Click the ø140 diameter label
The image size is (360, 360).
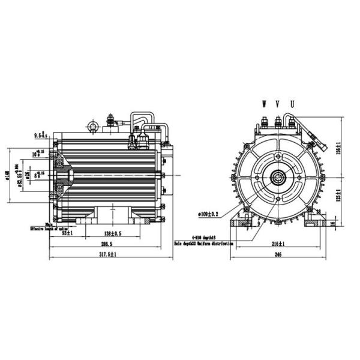click(x=7, y=175)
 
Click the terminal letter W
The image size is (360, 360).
click(x=264, y=104)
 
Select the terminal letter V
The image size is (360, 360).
click(x=278, y=104)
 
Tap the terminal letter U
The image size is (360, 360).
click(x=292, y=104)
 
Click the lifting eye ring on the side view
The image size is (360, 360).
click(x=92, y=125)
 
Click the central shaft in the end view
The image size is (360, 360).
click(x=278, y=178)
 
